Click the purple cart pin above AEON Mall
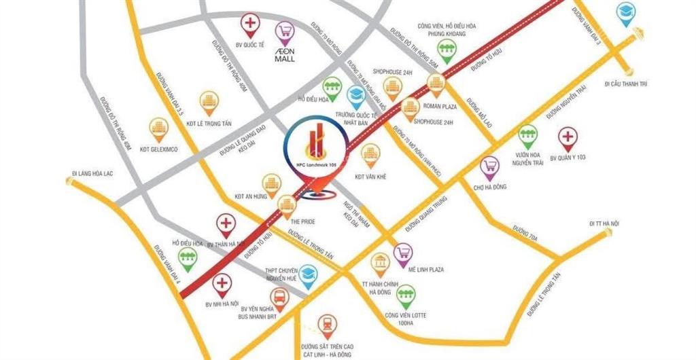284,31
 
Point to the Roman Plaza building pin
436,83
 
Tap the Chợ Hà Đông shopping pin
489,166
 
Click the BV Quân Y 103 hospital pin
567,139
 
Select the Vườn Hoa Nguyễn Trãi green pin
527,134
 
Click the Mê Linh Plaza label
428,270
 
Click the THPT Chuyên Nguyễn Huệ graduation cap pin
309,274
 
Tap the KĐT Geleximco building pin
159,127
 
